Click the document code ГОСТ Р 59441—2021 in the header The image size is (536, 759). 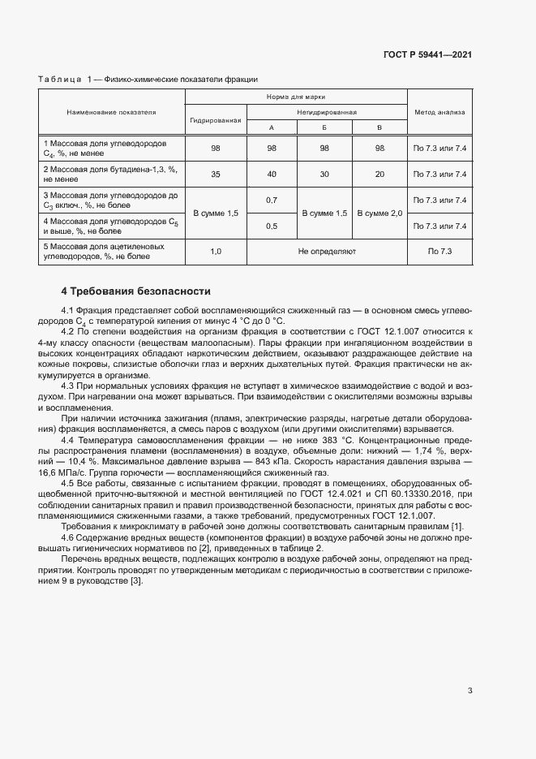click(x=427, y=54)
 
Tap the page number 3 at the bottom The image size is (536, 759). click(x=470, y=691)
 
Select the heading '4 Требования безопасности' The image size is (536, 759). click(x=136, y=291)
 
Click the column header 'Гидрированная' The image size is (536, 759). click(x=216, y=119)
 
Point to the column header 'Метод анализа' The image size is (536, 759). click(x=440, y=112)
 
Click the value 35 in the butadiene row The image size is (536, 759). click(x=216, y=174)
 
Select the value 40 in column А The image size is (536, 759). click(x=272, y=174)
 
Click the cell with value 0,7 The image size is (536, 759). click(x=272, y=200)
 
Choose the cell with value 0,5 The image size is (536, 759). click(x=272, y=226)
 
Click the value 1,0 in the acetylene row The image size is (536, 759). click(x=216, y=252)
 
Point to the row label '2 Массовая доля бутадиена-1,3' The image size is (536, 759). click(x=109, y=169)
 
